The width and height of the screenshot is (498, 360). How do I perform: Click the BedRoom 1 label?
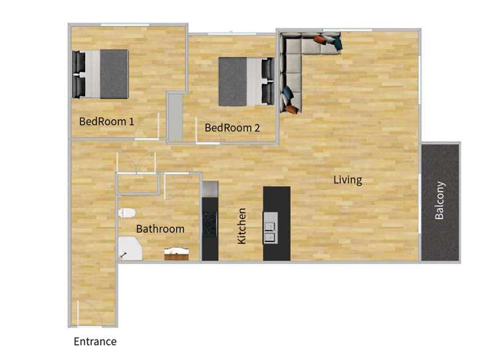[x=106, y=122]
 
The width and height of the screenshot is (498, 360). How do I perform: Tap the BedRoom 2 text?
[x=231, y=128]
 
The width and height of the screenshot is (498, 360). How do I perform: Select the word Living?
[x=348, y=180]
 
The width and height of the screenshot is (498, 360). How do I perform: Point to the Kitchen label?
[x=242, y=225]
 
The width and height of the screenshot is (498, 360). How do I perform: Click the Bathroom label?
[x=160, y=229]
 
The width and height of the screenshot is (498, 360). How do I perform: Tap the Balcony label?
[x=440, y=200]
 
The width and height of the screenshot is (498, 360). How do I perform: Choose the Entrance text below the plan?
[x=95, y=342]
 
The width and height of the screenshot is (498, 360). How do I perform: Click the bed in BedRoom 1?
[x=100, y=74]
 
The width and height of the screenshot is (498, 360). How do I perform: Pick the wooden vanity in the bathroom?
[x=177, y=254]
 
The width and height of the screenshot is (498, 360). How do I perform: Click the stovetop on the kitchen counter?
[x=209, y=224]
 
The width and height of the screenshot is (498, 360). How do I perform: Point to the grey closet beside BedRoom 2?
[x=175, y=116]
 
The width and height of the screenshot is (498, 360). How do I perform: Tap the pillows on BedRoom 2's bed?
[x=267, y=81]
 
